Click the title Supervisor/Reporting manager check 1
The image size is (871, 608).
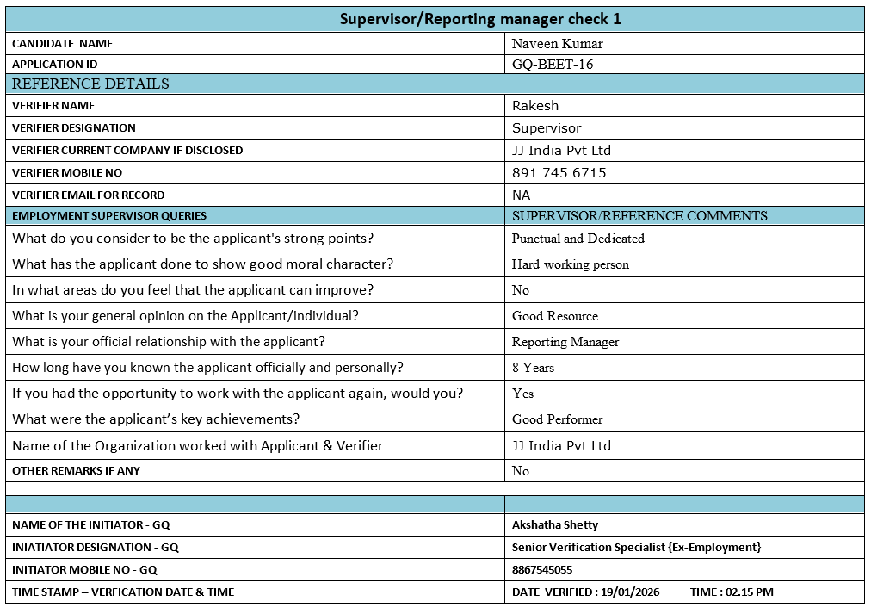[x=480, y=19]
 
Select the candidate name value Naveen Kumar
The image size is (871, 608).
[x=557, y=44]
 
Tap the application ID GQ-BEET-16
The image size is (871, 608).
[x=553, y=65]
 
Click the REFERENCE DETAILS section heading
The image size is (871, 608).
[x=90, y=84]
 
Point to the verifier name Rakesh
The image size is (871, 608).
[x=535, y=106]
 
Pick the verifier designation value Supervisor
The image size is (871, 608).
[x=547, y=128]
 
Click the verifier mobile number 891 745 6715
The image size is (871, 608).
[x=559, y=173]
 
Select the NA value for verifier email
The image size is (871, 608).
[x=521, y=195]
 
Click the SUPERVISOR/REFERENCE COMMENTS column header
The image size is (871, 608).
[x=639, y=216]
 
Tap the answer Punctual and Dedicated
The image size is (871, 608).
[x=578, y=239]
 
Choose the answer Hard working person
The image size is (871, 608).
[x=570, y=264]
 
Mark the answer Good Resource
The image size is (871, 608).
[x=554, y=316]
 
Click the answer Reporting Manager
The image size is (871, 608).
[x=565, y=342]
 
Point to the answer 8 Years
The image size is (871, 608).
[x=533, y=368]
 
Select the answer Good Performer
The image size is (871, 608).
[x=557, y=419]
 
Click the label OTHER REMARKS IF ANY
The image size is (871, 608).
[x=76, y=471]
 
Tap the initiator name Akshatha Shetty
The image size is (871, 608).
[x=554, y=525]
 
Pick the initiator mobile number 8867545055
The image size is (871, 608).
[x=541, y=570]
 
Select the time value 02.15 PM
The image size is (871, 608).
[x=750, y=592]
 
